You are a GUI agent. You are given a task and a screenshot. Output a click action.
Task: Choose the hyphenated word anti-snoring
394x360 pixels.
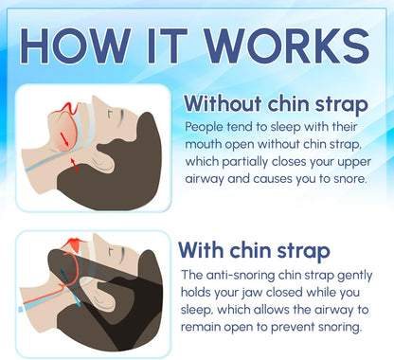pyautogui.click(x=249, y=275)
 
